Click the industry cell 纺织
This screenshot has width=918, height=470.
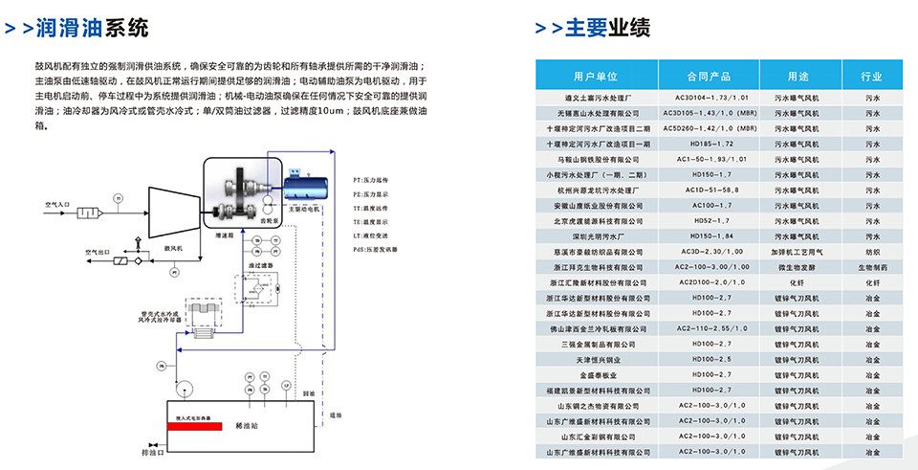tap(871, 251)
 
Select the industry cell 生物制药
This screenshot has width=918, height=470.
tap(871, 267)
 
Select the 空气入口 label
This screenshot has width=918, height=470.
tap(58, 204)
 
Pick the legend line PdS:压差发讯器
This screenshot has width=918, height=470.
tap(377, 248)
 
